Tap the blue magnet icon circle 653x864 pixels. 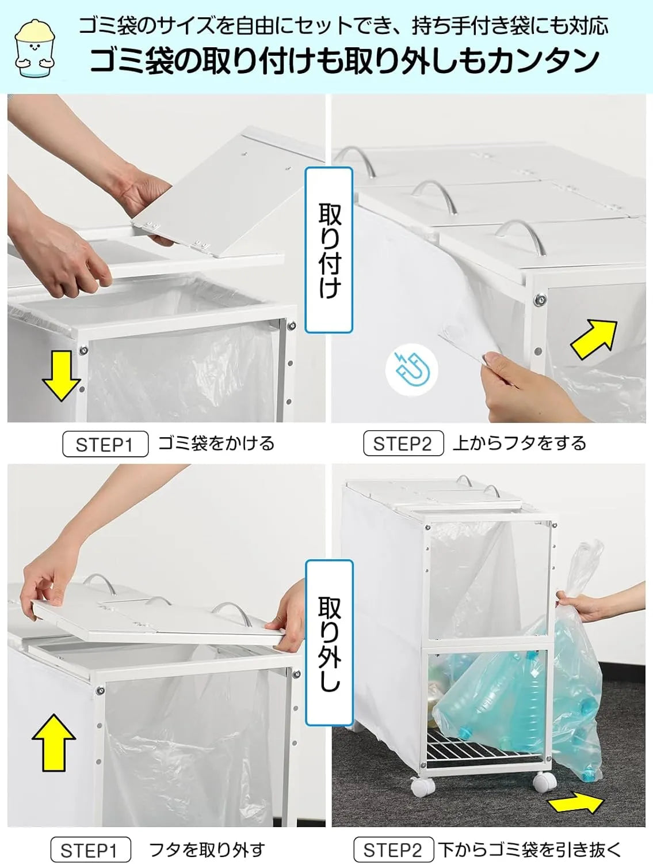tap(413, 369)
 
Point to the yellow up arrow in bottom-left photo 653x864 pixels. tap(53, 742)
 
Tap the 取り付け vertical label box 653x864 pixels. tap(329, 249)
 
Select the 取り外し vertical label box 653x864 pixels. tap(329, 643)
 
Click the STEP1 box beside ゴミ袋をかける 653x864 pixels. tap(105, 444)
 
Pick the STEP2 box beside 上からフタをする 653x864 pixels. tap(403, 444)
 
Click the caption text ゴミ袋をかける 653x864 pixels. tap(216, 444)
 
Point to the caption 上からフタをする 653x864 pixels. tap(520, 443)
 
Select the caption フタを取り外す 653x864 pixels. tap(207, 850)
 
